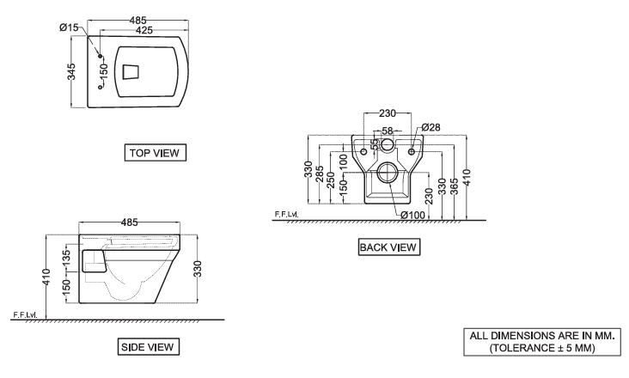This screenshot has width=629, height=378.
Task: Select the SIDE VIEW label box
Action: click(148, 347)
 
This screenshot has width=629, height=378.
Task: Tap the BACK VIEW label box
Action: click(388, 247)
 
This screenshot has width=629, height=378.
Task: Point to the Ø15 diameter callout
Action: click(70, 27)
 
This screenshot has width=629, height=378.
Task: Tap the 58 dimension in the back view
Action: click(388, 131)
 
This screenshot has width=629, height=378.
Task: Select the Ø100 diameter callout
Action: click(412, 214)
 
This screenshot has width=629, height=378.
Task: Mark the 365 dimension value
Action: click(454, 186)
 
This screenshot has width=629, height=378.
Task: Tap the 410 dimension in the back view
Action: click(466, 178)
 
